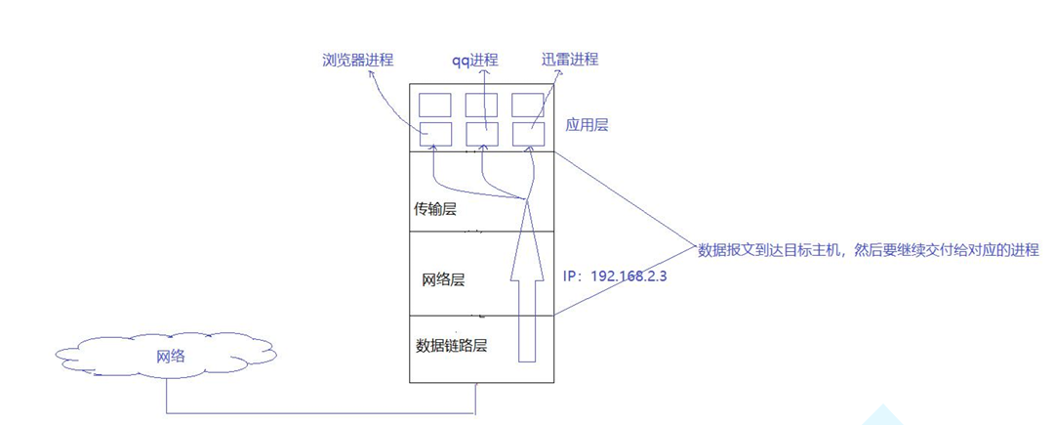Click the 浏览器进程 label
[x=357, y=61]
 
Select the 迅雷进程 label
[x=570, y=60]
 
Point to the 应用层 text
[x=588, y=126]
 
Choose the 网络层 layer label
[x=442, y=279]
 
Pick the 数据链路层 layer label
[x=451, y=345]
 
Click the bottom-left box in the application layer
[x=434, y=134]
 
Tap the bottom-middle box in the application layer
[x=481, y=134]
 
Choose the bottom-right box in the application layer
[x=527, y=134]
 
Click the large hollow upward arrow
[x=526, y=283]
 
